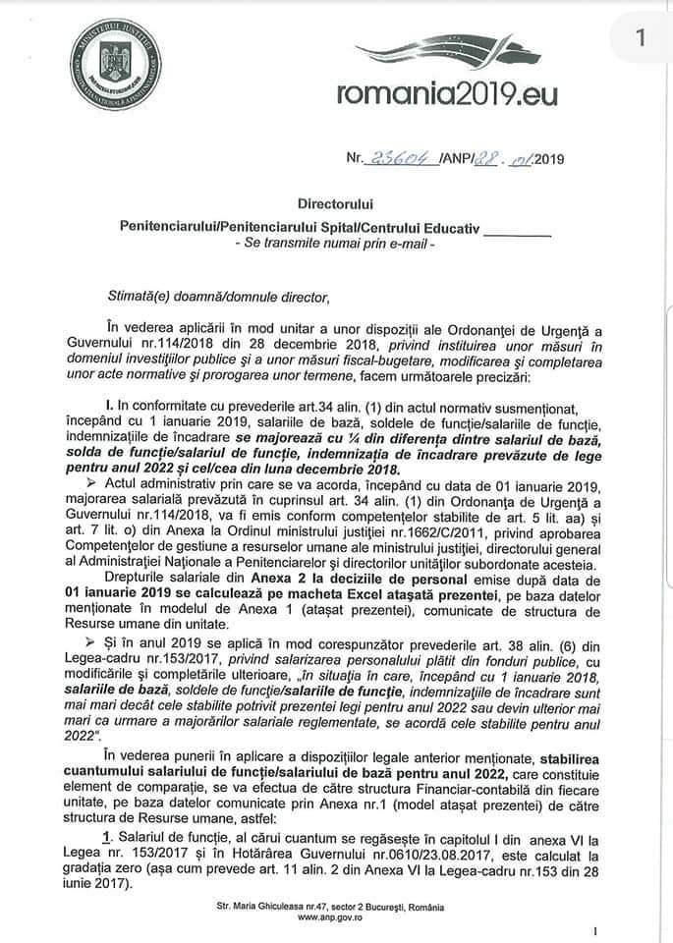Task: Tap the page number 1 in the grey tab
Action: pyautogui.click(x=640, y=39)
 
